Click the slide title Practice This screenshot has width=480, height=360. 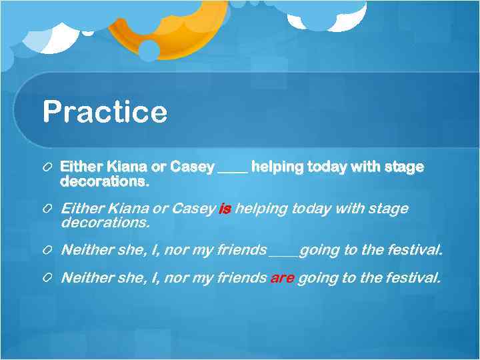click(105, 111)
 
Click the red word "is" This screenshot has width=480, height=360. click(224, 209)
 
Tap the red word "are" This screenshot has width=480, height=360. click(282, 278)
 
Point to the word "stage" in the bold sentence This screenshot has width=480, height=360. click(404, 167)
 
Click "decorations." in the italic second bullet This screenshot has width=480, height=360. click(105, 222)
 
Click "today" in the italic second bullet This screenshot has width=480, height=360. click(308, 209)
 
